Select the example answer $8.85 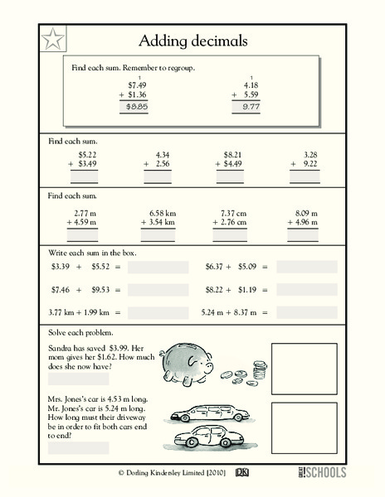point(135,107)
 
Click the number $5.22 point(87,154)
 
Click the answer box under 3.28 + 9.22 point(305,177)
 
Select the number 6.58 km point(158,212)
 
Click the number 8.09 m point(306,212)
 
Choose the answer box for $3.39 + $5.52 point(158,268)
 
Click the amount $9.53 point(100,290)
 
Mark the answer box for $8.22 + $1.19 point(307,290)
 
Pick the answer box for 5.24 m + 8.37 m point(307,313)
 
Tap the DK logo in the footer point(242,473)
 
